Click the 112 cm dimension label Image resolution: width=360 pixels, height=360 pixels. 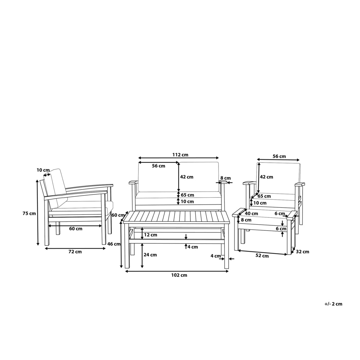pos(180,155)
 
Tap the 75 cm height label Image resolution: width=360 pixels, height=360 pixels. pos(29,213)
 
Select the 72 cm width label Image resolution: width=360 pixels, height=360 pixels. pos(75,252)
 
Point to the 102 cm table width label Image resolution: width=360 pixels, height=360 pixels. pos(179,275)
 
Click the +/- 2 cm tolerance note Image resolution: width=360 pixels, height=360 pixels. pos(333,304)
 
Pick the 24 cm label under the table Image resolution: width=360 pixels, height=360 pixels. pos(150,255)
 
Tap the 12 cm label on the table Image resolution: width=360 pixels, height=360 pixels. pos(150,235)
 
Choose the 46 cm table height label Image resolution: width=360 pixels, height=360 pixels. pos(114,244)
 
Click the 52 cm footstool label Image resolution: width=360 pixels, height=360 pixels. pos(262,256)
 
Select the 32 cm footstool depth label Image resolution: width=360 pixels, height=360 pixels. pos(302,252)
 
